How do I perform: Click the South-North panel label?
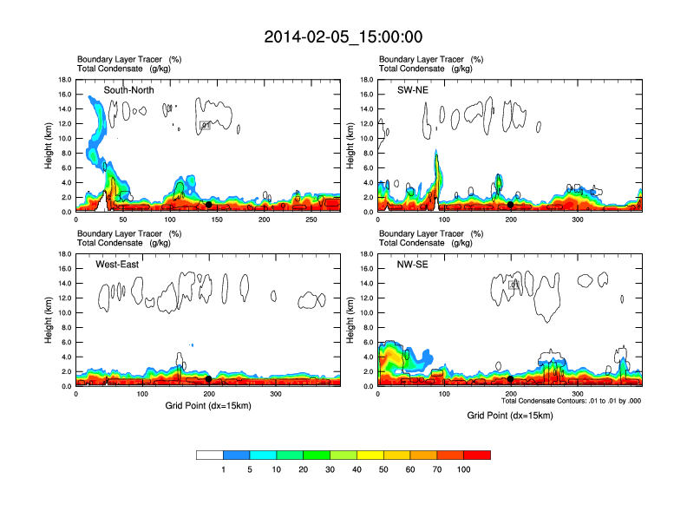point(128,90)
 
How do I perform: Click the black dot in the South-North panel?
point(208,204)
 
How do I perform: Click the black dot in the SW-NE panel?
point(511,205)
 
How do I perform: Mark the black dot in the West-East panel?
point(209,379)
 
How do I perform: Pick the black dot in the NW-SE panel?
point(511,379)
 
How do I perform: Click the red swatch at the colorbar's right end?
point(477,455)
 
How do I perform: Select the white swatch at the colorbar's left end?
point(210,455)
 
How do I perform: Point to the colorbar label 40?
point(357,469)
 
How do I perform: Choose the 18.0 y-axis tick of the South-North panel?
point(64,80)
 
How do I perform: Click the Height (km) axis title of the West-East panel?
point(49,320)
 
